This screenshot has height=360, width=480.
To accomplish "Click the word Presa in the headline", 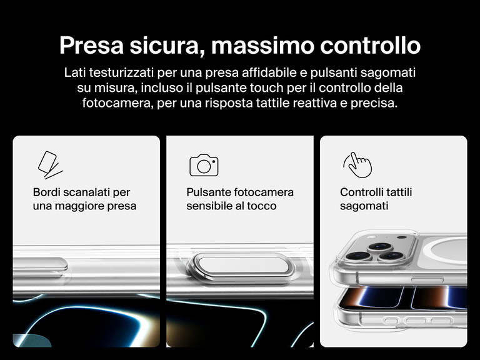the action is (91, 45).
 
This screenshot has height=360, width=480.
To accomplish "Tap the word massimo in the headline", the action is (262, 45).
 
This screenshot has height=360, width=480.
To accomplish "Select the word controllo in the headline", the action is (371, 45).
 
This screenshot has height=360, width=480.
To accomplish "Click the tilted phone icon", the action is (50, 165).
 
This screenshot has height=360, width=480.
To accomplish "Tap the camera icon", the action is (204, 165).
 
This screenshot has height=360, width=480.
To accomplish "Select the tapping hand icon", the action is (357, 165).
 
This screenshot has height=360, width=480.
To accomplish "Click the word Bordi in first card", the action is (46, 192).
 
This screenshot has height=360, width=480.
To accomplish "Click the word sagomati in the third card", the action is (364, 206).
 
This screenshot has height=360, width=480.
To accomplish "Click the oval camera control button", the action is (241, 265).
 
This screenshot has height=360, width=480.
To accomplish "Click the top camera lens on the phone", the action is (380, 247).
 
